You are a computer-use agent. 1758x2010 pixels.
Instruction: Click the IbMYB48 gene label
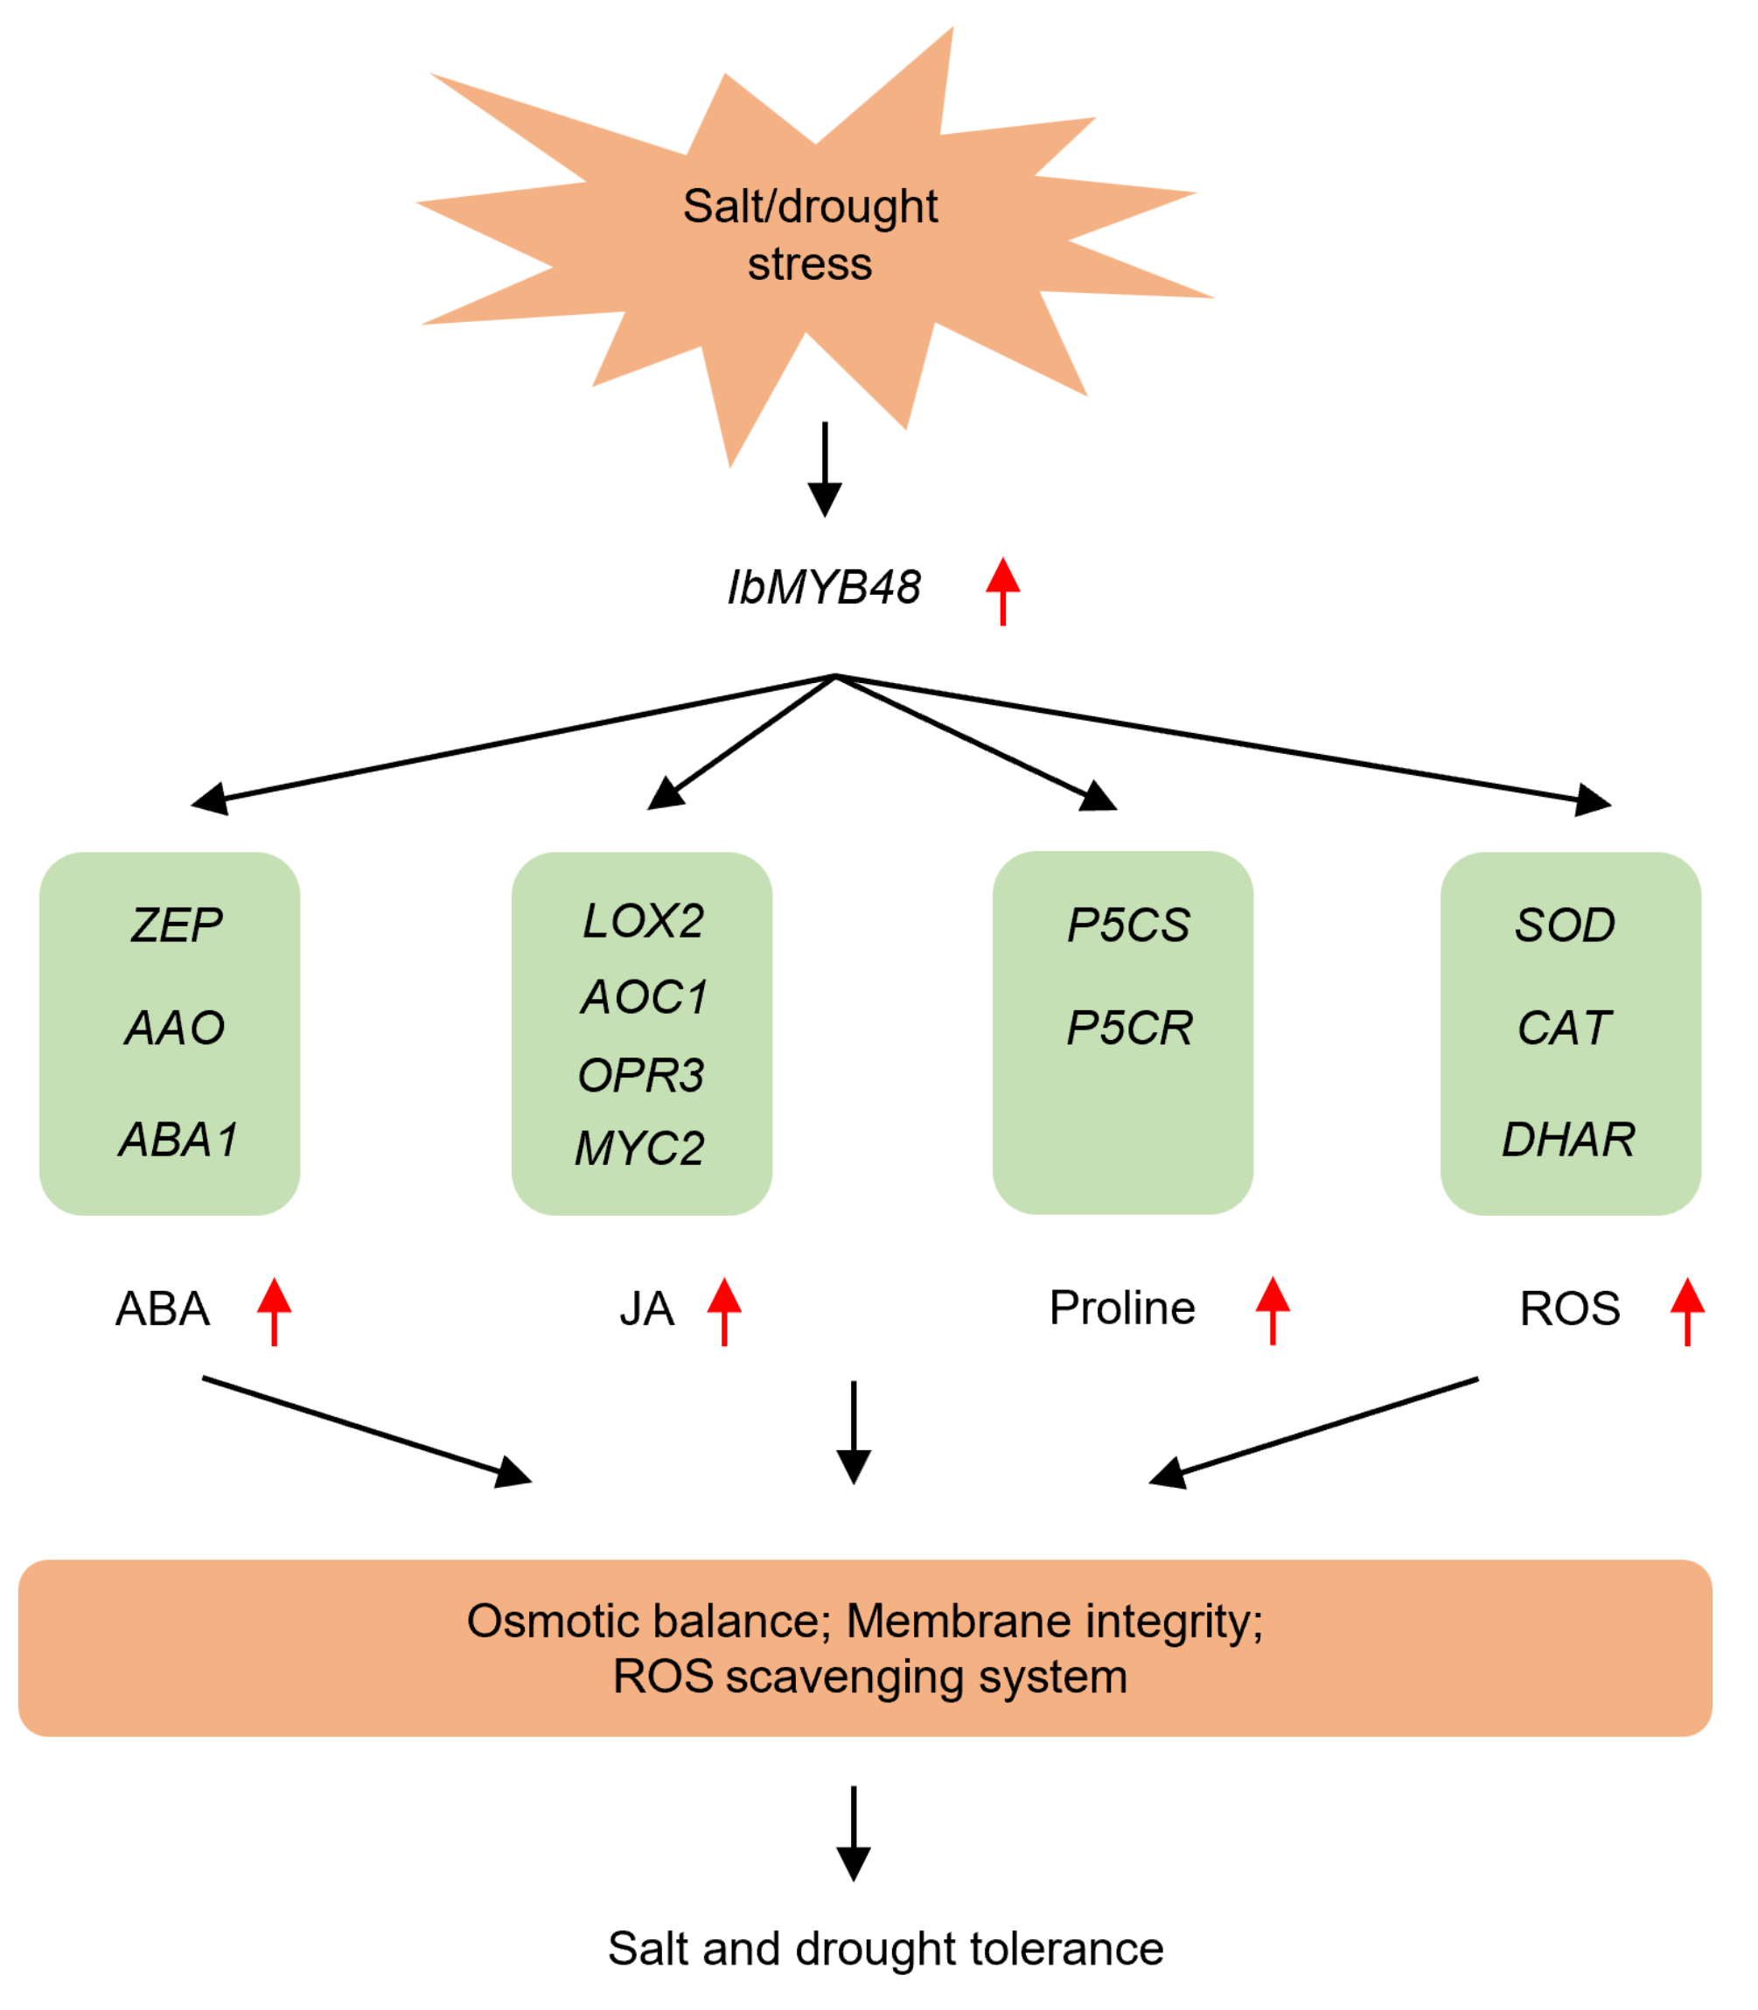[x=823, y=589]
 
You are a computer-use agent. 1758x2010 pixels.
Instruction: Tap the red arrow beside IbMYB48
[x=1001, y=590]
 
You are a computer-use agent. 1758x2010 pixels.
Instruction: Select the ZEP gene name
[x=177, y=926]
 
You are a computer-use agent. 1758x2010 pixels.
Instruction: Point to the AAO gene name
[x=175, y=1028]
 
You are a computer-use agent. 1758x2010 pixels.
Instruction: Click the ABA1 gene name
[x=178, y=1140]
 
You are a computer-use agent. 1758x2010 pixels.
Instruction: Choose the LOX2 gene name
[x=643, y=921]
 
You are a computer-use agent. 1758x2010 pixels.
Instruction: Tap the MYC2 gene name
[x=638, y=1148]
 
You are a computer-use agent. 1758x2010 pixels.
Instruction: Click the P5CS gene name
[x=1128, y=926]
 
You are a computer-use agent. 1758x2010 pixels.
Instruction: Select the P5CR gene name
[x=1129, y=1028]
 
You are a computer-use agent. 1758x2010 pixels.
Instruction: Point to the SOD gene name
[x=1564, y=926]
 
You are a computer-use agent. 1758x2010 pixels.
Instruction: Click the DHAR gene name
[x=1567, y=1140]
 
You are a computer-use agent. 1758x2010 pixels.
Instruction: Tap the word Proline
[x=1121, y=1308]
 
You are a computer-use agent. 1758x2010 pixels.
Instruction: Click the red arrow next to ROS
[x=1686, y=1310]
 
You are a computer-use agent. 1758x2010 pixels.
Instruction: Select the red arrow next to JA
[x=724, y=1310]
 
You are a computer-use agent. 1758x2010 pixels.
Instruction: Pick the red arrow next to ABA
[x=274, y=1310]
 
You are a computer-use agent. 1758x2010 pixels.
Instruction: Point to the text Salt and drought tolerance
[x=885, y=1948]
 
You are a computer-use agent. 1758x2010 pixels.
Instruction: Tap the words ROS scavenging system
[x=869, y=1677]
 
